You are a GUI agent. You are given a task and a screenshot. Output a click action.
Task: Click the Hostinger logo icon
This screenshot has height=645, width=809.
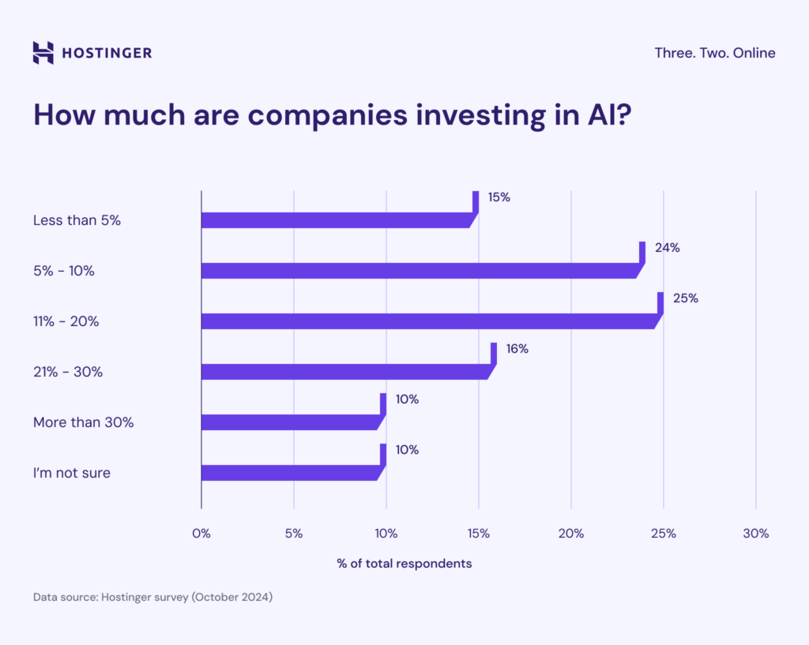tap(43, 53)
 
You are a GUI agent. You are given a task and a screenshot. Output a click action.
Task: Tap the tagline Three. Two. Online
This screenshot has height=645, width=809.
tap(714, 53)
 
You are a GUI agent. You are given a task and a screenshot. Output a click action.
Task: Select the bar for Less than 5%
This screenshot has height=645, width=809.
tap(337, 220)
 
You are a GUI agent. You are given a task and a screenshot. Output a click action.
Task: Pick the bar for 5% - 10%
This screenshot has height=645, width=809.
tap(420, 271)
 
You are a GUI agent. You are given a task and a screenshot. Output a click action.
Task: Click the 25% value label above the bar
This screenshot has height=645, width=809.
tap(686, 298)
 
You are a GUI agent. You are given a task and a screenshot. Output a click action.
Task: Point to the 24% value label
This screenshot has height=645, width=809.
tap(667, 248)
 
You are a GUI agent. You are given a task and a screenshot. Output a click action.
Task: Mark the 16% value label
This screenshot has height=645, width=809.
tap(517, 349)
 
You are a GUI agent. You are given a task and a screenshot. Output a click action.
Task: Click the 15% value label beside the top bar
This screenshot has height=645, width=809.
tap(499, 197)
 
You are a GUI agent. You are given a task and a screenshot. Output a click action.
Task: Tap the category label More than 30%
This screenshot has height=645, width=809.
tap(83, 422)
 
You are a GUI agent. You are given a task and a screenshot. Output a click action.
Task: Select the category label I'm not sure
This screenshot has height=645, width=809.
tap(72, 473)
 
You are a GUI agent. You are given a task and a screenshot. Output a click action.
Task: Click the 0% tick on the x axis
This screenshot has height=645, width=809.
tap(201, 534)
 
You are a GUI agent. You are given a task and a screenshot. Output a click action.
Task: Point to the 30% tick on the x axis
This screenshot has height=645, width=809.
tap(755, 534)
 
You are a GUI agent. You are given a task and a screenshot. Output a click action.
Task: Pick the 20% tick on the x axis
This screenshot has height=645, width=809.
tap(570, 534)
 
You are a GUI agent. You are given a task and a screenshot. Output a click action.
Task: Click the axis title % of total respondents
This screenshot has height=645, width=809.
tap(404, 564)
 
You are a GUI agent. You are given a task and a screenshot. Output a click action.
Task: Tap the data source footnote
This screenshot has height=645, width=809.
tap(152, 598)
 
